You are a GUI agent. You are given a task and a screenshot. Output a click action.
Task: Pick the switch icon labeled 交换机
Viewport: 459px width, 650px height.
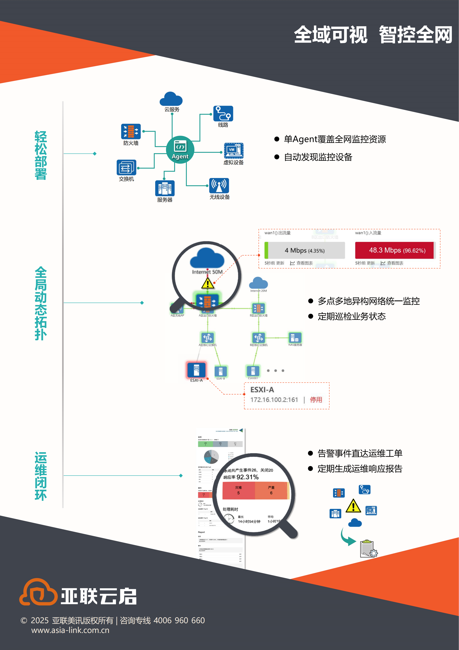click(x=126, y=167)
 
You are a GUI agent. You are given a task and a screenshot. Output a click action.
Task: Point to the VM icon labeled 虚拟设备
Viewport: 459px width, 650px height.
click(x=234, y=151)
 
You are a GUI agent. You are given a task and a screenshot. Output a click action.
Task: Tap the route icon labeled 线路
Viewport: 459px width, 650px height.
click(x=223, y=113)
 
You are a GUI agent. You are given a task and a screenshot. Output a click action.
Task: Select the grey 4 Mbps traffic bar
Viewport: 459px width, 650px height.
click(x=305, y=250)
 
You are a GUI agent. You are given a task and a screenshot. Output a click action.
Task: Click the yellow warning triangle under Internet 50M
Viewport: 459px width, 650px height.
click(x=208, y=283)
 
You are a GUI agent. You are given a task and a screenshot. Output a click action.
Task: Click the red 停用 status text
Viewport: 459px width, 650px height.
click(x=316, y=400)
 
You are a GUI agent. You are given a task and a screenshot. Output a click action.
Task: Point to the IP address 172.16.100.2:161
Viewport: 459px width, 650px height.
click(x=274, y=400)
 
